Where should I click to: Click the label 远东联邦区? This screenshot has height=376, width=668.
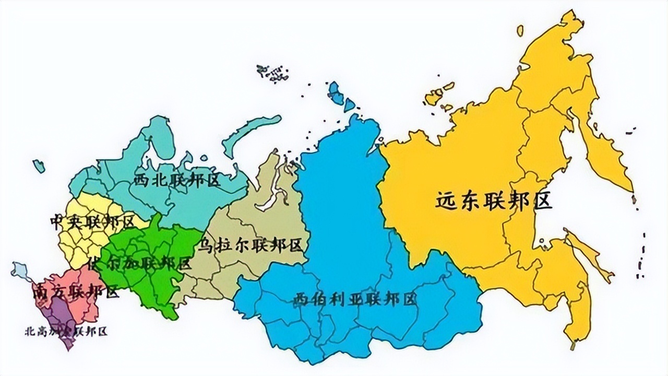(494, 201)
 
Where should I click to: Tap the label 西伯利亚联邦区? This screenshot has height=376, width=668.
(355, 299)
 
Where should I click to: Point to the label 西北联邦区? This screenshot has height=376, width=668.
(177, 180)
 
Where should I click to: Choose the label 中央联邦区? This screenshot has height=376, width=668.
(91, 222)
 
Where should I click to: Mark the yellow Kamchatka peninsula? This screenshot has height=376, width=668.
(605, 157)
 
